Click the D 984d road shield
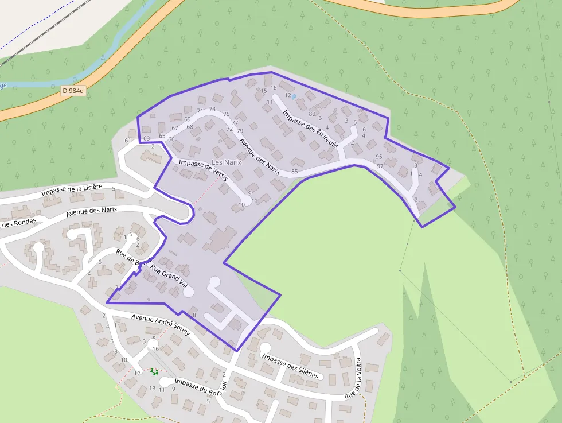[x=73, y=91]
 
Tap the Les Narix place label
[x=227, y=162]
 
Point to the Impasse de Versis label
[x=203, y=170]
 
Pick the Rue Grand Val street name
[x=169, y=275]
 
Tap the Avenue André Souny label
[x=161, y=324]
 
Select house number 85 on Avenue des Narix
[x=295, y=172]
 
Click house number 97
[x=380, y=166]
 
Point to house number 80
[x=312, y=113]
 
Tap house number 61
[x=128, y=141]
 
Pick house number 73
[x=212, y=109]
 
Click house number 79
[x=240, y=131]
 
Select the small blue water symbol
[x=294, y=97]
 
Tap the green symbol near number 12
[x=154, y=371]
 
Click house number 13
[x=152, y=389]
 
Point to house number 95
[x=378, y=157]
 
